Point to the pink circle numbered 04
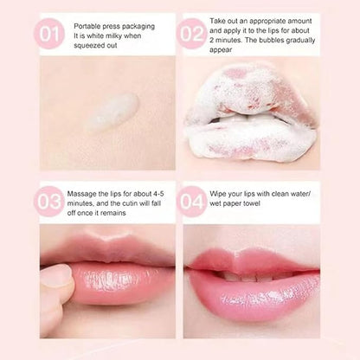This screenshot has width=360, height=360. [193, 201]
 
